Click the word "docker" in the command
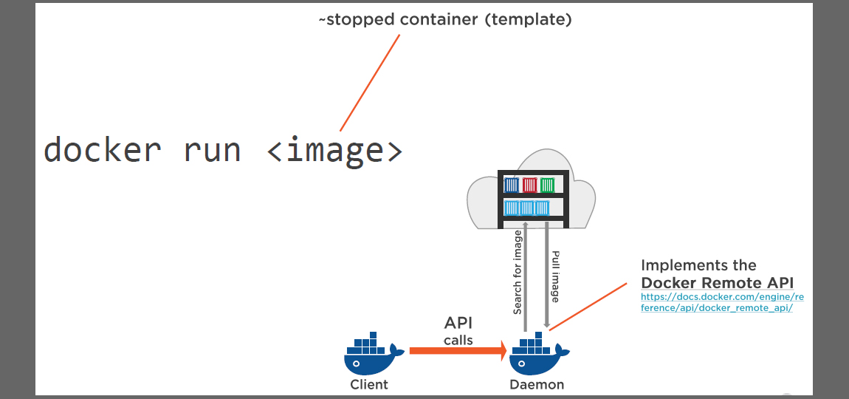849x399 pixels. pos(102,150)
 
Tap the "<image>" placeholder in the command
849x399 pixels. pos(334,150)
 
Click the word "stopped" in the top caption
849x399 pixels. pos(360,20)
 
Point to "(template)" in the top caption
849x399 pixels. pos(528,20)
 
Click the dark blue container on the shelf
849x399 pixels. pos(511,185)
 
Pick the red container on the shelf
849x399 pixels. pos(529,185)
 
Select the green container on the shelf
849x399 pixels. pos(547,185)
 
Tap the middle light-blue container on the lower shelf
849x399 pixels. pos(527,208)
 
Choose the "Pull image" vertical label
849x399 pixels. pos(555,276)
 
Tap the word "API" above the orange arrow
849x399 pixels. pos(458,323)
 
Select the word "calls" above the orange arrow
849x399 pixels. pos(458,340)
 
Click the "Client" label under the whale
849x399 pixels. pos(369,384)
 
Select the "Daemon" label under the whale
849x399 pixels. pos(537,384)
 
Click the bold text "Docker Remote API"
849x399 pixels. pos(717,282)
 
